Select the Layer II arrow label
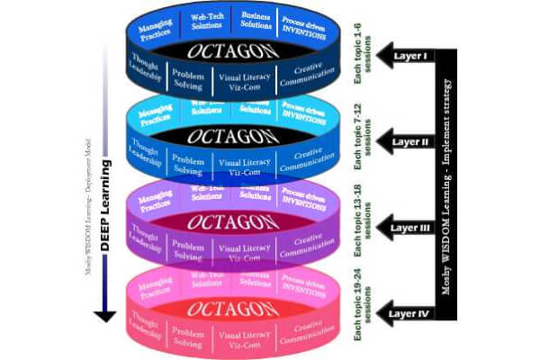click(413, 140)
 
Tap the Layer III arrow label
click(412, 228)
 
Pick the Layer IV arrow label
click(412, 314)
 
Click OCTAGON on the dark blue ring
click(226, 50)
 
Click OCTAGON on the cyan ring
click(226, 136)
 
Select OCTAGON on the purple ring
click(226, 221)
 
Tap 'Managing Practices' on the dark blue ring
click(156, 28)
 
